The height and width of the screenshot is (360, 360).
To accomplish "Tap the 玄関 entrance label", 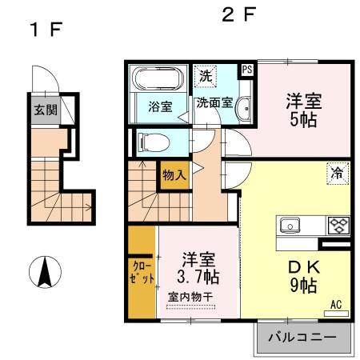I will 45,110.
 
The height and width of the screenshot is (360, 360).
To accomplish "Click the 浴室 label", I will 160,106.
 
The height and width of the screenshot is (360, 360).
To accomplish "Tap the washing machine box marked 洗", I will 206,77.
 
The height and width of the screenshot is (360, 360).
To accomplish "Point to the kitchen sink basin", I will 290,225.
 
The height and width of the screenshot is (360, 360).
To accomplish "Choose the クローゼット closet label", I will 141,274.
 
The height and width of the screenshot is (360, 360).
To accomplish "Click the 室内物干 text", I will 191,298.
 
